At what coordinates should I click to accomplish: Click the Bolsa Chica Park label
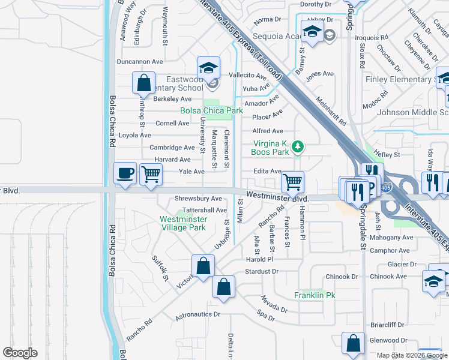tap(211, 110)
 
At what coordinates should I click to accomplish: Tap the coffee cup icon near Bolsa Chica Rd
tap(125, 173)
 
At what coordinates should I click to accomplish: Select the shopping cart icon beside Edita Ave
tap(292, 181)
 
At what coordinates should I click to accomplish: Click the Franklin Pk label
tap(314, 295)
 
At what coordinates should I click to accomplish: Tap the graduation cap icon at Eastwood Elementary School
tap(208, 67)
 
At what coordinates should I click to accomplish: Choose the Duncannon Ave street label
tap(140, 61)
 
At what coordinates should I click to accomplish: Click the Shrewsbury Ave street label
tap(198, 199)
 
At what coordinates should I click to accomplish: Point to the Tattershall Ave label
tap(204, 210)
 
